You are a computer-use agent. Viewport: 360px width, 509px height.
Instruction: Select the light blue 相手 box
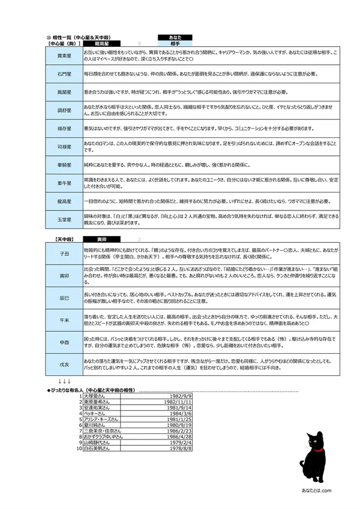click(x=175, y=43)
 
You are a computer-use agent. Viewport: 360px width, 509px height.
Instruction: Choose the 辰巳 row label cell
click(x=64, y=297)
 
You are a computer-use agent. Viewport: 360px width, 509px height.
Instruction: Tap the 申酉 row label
click(x=64, y=342)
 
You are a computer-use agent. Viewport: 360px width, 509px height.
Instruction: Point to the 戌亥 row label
click(x=64, y=365)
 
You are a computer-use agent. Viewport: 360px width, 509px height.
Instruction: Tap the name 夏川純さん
click(x=96, y=425)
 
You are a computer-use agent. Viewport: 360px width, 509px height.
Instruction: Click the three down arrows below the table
click(x=65, y=381)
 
